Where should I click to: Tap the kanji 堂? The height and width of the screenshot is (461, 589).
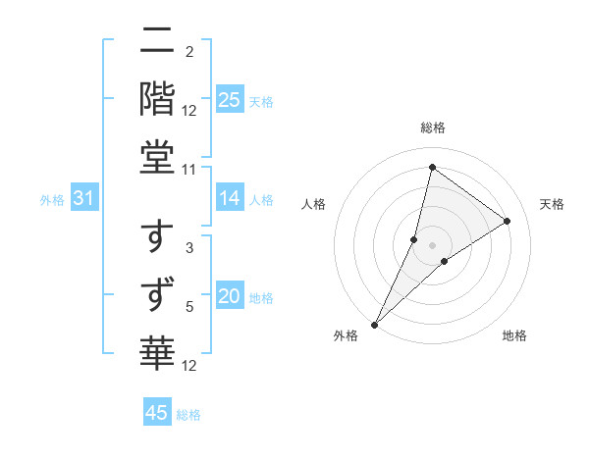click(x=158, y=157)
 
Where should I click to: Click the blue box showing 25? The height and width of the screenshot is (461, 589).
click(x=229, y=99)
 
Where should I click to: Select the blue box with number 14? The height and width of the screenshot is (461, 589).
click(x=229, y=198)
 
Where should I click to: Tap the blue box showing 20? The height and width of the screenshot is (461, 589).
click(x=229, y=296)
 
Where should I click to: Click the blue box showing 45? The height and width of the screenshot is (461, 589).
click(x=157, y=413)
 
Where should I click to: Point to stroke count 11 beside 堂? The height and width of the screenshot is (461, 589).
click(x=189, y=169)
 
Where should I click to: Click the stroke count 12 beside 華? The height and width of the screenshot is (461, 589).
click(x=189, y=365)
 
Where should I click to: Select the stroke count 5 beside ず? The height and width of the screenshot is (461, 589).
click(x=189, y=308)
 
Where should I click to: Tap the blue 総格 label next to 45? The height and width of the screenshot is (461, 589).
click(x=188, y=415)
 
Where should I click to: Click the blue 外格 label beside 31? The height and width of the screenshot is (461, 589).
click(x=52, y=200)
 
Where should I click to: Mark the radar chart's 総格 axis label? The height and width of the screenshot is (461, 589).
click(x=432, y=128)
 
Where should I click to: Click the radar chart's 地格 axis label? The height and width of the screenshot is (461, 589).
click(x=514, y=335)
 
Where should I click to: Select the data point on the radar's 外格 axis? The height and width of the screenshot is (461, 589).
click(x=375, y=324)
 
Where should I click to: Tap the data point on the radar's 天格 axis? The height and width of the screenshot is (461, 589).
click(x=508, y=221)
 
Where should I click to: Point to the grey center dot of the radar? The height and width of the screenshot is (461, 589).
click(x=433, y=245)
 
